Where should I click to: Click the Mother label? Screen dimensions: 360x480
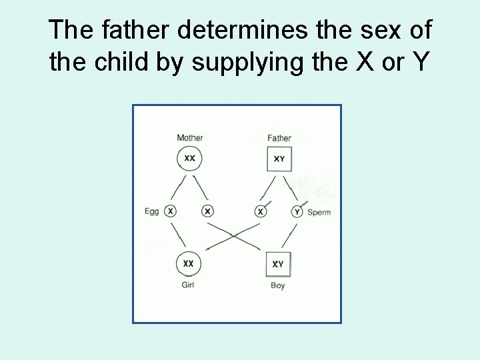tap(189, 138)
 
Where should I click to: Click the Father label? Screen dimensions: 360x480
tap(279, 138)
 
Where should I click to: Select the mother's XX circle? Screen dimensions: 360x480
tap(189, 159)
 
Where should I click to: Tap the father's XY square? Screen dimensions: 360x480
tap(279, 159)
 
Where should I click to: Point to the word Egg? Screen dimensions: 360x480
tap(152, 212)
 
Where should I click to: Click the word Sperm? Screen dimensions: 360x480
tap(319, 213)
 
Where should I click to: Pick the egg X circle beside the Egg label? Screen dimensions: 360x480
tap(171, 211)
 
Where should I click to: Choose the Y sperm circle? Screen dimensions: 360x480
tap(297, 212)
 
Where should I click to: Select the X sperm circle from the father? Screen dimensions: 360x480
tap(261, 211)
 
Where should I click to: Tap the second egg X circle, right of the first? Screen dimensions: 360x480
tap(208, 211)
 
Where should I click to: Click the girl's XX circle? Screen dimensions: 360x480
tap(189, 263)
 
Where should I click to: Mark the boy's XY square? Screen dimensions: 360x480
tap(278, 264)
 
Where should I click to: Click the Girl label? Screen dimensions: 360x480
tap(189, 285)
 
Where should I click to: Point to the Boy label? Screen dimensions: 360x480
tap(278, 286)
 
